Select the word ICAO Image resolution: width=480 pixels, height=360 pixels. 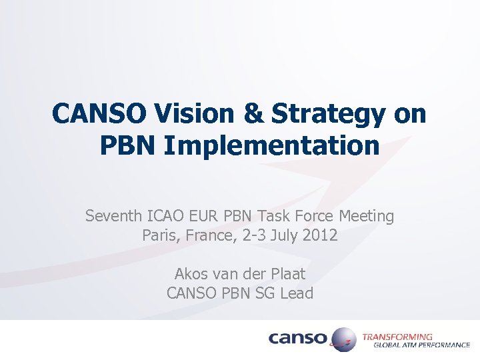click(x=163, y=216)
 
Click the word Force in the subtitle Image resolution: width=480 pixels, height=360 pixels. click(x=313, y=216)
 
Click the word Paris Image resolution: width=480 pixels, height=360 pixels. click(x=159, y=235)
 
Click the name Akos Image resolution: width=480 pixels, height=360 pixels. click(x=191, y=273)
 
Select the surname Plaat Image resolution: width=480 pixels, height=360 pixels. click(x=289, y=273)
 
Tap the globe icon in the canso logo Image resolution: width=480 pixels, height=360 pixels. click(x=342, y=339)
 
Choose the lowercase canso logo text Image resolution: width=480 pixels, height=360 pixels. click(x=298, y=339)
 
